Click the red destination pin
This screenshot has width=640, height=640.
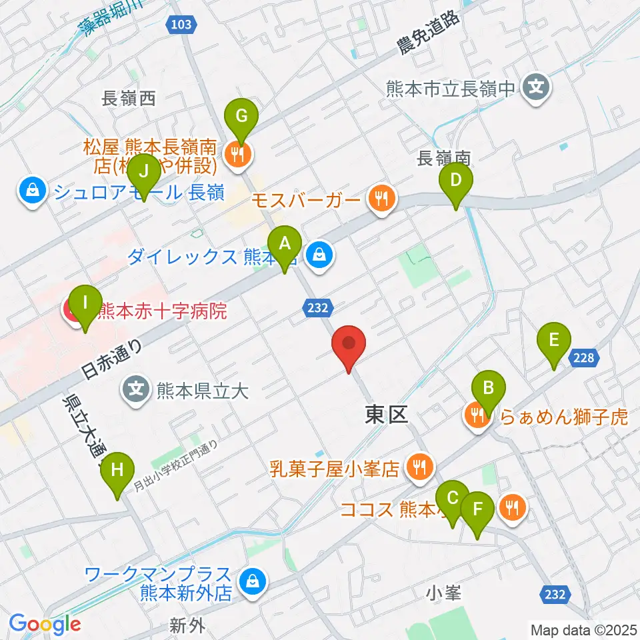(x=349, y=347)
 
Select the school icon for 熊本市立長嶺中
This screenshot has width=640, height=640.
(x=535, y=87)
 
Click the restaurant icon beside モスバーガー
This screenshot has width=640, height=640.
(x=381, y=197)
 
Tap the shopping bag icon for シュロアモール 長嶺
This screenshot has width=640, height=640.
(x=33, y=193)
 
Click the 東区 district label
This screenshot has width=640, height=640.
(x=386, y=415)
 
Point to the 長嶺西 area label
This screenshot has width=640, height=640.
(x=128, y=99)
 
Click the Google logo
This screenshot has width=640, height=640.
(x=45, y=624)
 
